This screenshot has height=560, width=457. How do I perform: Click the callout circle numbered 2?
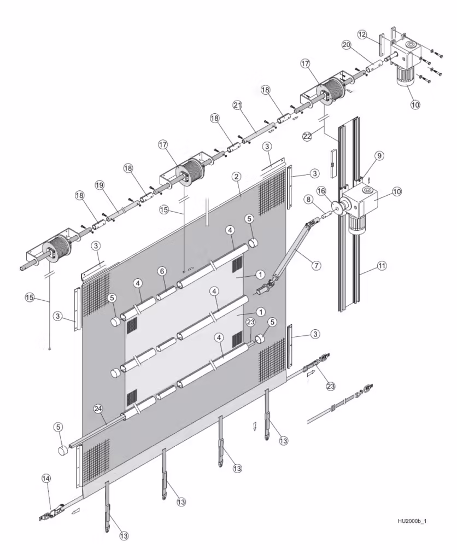236,177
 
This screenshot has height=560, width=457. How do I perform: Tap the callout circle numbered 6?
161,271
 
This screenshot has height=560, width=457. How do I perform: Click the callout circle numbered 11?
382,266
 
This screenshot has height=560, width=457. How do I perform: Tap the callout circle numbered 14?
46,479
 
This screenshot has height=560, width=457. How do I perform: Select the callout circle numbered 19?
99,185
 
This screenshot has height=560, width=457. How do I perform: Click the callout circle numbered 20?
346,44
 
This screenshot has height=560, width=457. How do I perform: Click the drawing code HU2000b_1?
412,521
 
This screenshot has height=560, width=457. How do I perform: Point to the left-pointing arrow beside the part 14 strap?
74,511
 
